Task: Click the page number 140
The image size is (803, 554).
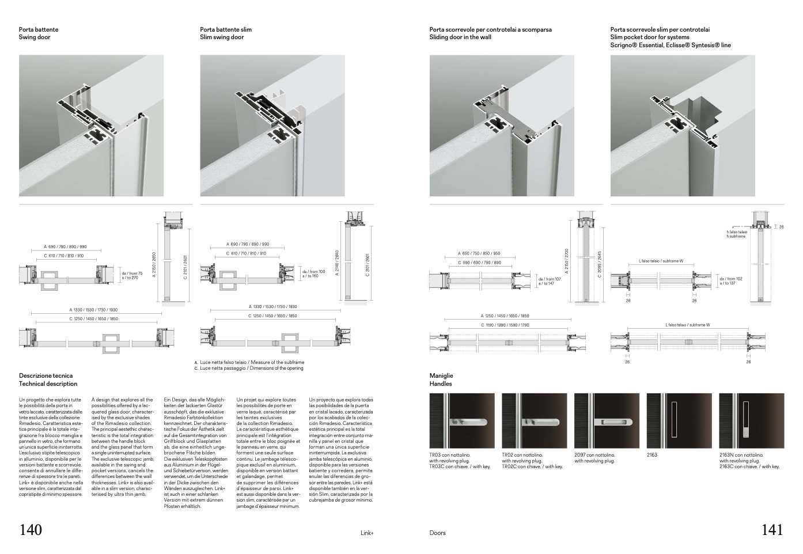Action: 31,530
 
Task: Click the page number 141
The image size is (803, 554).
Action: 772,530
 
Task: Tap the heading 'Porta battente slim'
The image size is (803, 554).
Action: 226,29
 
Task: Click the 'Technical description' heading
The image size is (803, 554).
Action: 48,384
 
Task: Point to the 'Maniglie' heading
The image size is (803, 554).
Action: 441,375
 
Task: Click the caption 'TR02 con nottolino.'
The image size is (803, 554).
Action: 522,455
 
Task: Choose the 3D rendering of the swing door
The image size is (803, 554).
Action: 91,126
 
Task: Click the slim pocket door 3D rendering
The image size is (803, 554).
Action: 683,126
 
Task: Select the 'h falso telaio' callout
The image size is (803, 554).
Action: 737,232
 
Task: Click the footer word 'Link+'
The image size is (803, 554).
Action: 366,533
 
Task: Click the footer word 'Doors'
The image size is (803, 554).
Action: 437,533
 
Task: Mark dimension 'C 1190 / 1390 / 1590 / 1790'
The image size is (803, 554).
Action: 505,325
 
